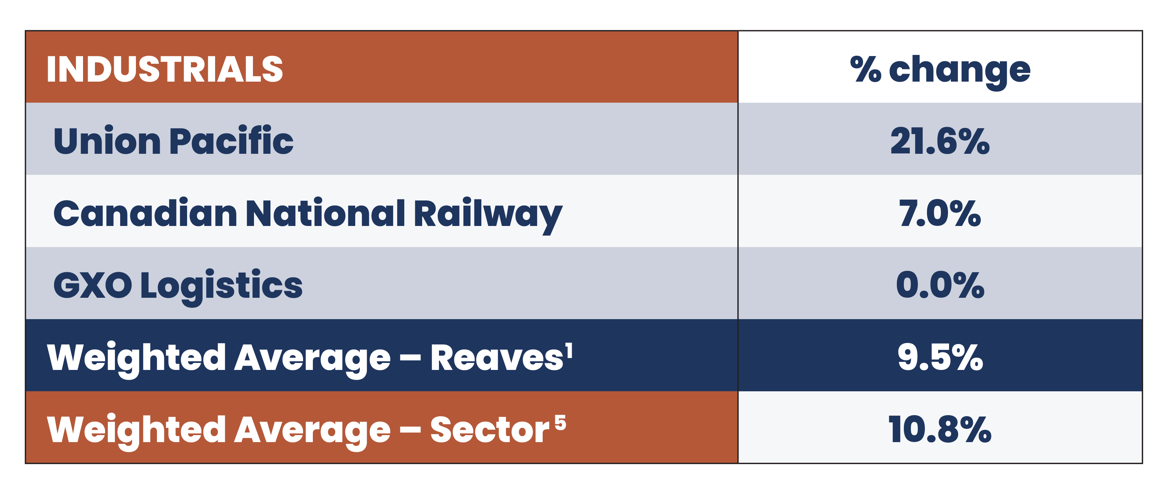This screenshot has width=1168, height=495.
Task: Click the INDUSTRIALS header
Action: pyautogui.click(x=165, y=69)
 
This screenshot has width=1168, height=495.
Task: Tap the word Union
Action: pyautogui.click(x=107, y=140)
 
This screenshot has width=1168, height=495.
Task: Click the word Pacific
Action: pyautogui.click(x=231, y=140)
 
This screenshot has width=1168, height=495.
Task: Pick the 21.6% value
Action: pyautogui.click(x=940, y=142)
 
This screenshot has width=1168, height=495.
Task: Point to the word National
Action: pyautogui.click(x=325, y=213)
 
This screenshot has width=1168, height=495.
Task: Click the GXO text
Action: pyautogui.click(x=92, y=286)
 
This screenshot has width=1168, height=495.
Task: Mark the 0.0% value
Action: pyautogui.click(x=940, y=286)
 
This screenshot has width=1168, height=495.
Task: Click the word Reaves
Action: pyautogui.click(x=497, y=358)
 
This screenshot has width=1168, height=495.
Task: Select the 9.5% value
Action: pyautogui.click(x=940, y=358)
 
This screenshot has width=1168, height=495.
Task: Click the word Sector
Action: pyautogui.click(x=490, y=430)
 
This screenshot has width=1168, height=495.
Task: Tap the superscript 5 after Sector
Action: pyautogui.click(x=561, y=422)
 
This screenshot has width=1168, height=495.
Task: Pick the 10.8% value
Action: pyautogui.click(x=940, y=430)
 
